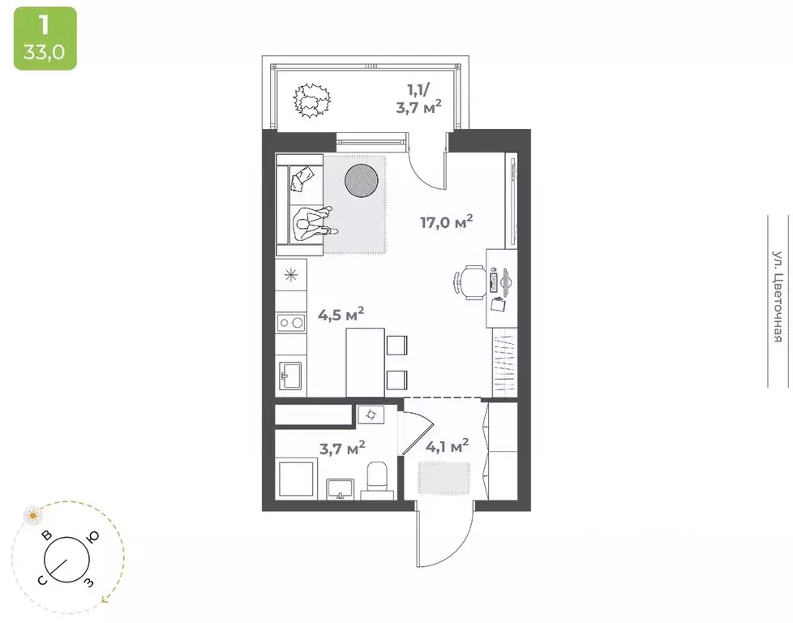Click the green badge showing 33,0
coord(45,38)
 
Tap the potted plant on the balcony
coord(312,101)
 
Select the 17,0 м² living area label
coord(447,221)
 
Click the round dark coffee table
coord(361,180)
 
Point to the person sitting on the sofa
coord(314,224)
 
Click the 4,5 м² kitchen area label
coord(341,315)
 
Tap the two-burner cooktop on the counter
coord(291,322)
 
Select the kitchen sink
coord(290,376)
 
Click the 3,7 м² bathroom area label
coord(342,449)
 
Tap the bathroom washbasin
coord(341,489)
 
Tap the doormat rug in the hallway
coord(444,478)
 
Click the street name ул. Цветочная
coord(778,296)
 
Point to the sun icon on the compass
coord(33,516)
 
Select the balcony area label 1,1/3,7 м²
coord(419,99)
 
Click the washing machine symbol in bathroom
coord(371,415)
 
